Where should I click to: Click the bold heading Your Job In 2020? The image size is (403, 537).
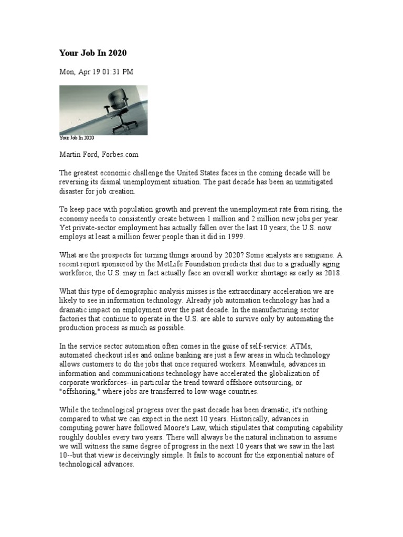click(93, 53)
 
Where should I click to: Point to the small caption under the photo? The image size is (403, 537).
click(77, 138)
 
